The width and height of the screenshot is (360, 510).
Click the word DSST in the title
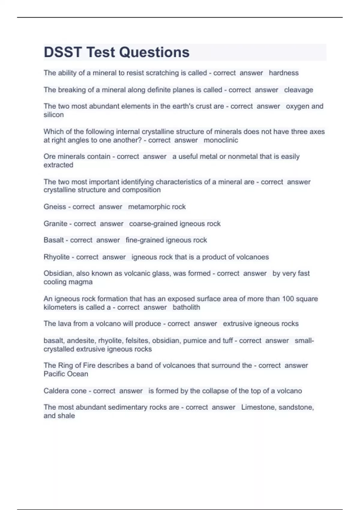pyautogui.click(x=63, y=52)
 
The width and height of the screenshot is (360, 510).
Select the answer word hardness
pyautogui.click(x=283, y=73)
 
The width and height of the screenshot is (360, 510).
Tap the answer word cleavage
pyautogui.click(x=298, y=90)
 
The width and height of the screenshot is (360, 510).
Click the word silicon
pyautogui.click(x=54, y=115)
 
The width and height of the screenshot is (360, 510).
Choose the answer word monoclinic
pyautogui.click(x=221, y=140)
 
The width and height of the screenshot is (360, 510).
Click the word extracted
pyautogui.click(x=58, y=165)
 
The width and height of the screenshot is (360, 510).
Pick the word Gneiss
pyautogui.click(x=55, y=207)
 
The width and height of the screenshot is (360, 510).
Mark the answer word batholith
pyautogui.click(x=186, y=307)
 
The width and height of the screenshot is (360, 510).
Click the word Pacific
pyautogui.click(x=55, y=374)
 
